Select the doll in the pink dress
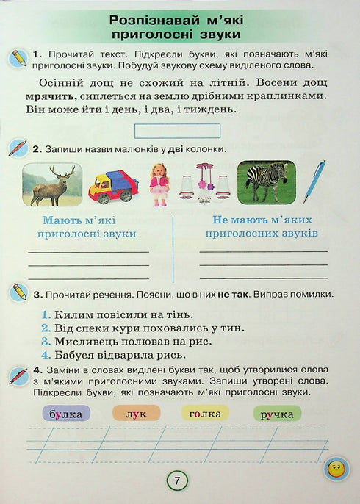(x=159, y=184)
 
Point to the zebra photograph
(x=265, y=181)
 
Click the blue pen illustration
(x=320, y=181)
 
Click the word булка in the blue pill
(x=66, y=414)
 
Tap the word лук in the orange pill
(x=136, y=414)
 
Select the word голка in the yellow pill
(x=205, y=414)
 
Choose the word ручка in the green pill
(x=276, y=414)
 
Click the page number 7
(x=177, y=480)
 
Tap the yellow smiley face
(x=335, y=468)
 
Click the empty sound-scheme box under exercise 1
(x=178, y=131)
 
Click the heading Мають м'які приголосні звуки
(x=90, y=226)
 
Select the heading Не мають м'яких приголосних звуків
(x=262, y=226)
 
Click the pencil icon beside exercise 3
(x=18, y=292)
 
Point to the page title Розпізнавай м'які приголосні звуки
(x=176, y=26)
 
